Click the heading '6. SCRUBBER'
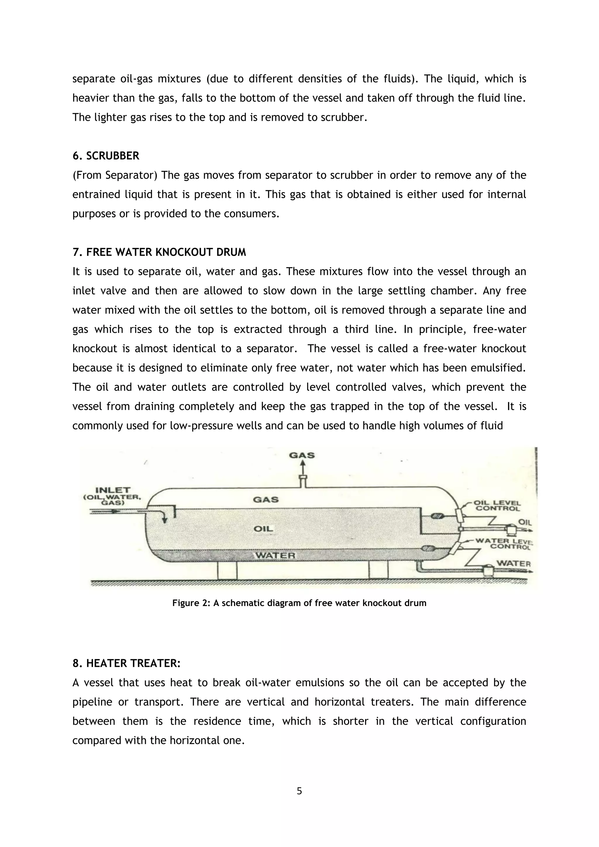click(x=106, y=156)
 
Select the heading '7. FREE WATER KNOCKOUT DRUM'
click(x=159, y=252)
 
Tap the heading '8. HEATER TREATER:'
click(x=126, y=664)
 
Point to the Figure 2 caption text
click(x=299, y=603)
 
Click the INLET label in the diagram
click(x=113, y=490)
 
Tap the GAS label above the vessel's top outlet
click(x=302, y=455)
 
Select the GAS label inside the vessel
click(x=266, y=500)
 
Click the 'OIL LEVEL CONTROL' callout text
click(x=497, y=506)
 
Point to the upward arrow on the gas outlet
click(x=302, y=469)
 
